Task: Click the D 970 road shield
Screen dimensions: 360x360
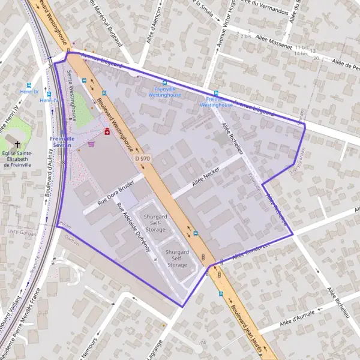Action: [x=142, y=158]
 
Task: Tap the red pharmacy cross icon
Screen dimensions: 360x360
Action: [x=107, y=131]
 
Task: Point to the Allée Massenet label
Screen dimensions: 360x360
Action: [x=273, y=40]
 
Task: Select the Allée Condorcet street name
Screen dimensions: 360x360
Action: [x=248, y=250]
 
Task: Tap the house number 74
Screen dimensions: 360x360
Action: [x=203, y=342]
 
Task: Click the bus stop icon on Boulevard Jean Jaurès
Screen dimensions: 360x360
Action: [x=221, y=294]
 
